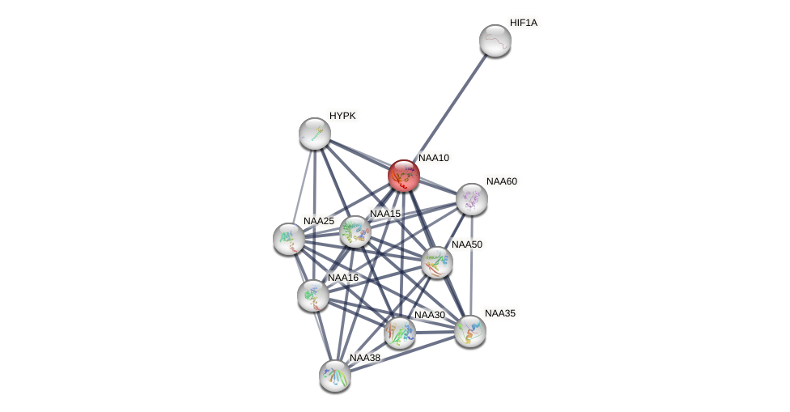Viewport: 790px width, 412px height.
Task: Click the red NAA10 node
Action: [404, 176]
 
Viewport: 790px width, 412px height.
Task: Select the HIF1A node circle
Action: [495, 40]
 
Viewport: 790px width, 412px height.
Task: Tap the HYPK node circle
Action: [315, 134]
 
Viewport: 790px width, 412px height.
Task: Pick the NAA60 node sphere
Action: [472, 199]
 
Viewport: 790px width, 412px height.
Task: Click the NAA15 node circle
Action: [355, 232]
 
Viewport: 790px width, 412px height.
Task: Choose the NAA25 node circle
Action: [289, 239]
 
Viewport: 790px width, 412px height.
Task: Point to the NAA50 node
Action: [437, 262]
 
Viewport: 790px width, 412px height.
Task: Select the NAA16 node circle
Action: [313, 295]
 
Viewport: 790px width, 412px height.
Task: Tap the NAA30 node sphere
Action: [400, 333]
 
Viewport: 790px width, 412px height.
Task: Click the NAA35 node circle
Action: [470, 331]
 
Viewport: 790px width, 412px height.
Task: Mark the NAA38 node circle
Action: [335, 376]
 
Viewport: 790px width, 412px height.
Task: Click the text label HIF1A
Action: [523, 23]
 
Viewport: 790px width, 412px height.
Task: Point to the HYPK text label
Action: [342, 116]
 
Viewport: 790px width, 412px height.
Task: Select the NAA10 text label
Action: [433, 158]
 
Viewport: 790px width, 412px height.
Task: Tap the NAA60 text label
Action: [501, 181]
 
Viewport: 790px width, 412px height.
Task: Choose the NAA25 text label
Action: [318, 221]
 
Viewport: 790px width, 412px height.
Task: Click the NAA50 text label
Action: [466, 244]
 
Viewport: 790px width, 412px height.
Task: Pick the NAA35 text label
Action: [499, 313]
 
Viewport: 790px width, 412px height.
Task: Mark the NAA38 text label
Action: [364, 358]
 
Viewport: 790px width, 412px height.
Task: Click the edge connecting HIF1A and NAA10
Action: [450, 108]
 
